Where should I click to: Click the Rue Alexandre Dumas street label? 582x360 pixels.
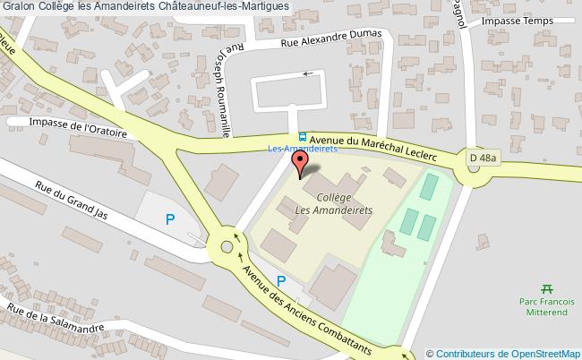(x=332, y=39)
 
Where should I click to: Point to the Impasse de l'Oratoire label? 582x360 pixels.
(x=78, y=126)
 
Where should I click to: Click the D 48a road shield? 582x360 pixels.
(x=483, y=159)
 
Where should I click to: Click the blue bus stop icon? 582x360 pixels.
(x=302, y=137)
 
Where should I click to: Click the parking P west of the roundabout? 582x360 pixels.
(x=170, y=218)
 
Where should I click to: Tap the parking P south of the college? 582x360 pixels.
(x=281, y=279)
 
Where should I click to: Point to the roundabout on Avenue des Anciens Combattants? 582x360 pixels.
(x=223, y=243)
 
